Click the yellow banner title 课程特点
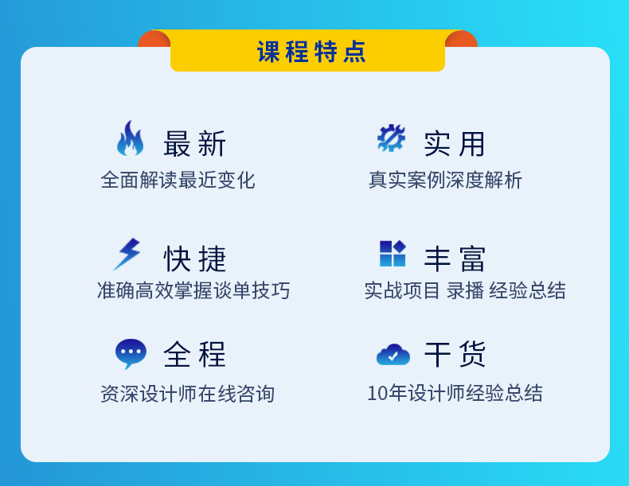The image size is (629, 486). [x=311, y=52]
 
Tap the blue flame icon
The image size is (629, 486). [x=130, y=138]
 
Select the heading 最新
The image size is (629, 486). [x=194, y=144]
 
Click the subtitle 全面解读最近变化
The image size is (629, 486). [x=178, y=180]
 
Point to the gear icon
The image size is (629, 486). [x=391, y=138]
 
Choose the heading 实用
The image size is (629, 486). [x=455, y=144]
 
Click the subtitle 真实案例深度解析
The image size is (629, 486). [x=445, y=180]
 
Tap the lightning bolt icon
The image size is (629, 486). [x=127, y=255]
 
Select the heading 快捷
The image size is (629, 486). [x=194, y=259]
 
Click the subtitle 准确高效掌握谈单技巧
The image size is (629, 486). [x=193, y=290]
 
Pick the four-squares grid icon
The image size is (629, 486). [x=393, y=253]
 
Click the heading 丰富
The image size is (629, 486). [x=455, y=259]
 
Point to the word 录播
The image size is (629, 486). [x=465, y=290]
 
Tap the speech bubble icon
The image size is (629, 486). [x=131, y=354]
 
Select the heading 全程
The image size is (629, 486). [x=194, y=354]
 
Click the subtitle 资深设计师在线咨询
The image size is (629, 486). [x=187, y=394]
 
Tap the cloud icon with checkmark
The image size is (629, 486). [x=393, y=355]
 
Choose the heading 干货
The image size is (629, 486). [x=455, y=354]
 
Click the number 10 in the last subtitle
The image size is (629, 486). [x=377, y=394]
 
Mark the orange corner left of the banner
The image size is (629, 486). [x=154, y=39]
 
